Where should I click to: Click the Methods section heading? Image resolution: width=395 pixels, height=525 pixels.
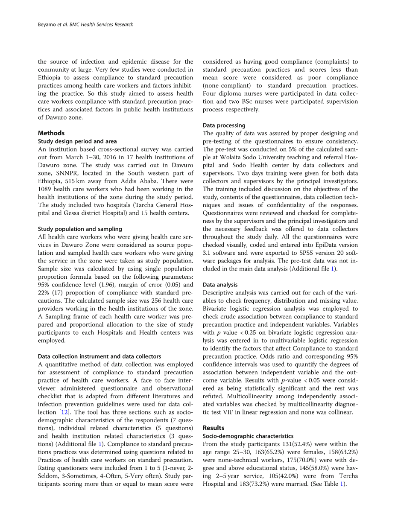[51, 133]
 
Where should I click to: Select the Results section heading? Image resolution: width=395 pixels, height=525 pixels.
[214, 428]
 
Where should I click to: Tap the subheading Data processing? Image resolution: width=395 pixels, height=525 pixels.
[224, 125]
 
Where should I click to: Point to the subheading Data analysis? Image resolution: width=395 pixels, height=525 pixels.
[220, 285]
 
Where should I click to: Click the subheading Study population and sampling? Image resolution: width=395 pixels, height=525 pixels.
[80, 229]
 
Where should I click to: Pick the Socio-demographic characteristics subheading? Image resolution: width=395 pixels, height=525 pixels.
[248, 436]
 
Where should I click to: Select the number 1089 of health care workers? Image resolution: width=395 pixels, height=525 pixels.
[46, 189]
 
